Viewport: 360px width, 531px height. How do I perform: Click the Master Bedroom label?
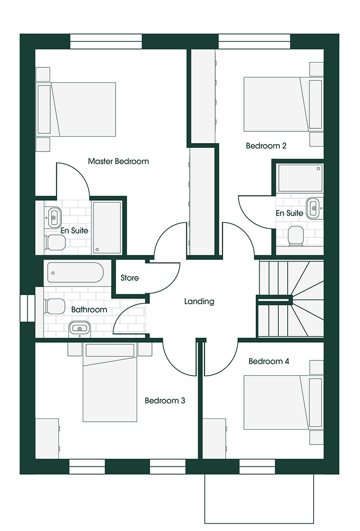pyautogui.click(x=118, y=161)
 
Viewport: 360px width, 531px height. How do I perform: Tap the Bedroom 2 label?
pyautogui.click(x=266, y=146)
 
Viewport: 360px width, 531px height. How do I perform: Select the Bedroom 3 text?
pyautogui.click(x=165, y=401)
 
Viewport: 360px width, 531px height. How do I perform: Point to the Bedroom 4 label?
pyautogui.click(x=269, y=361)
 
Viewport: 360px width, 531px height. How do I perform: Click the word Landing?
pyautogui.click(x=199, y=301)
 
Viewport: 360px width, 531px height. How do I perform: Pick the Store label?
pyautogui.click(x=130, y=278)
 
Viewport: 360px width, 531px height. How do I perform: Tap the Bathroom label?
pyautogui.click(x=89, y=310)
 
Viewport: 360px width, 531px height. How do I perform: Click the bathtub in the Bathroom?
pyautogui.click(x=75, y=272)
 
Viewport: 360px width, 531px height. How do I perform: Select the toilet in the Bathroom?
pyautogui.click(x=54, y=306)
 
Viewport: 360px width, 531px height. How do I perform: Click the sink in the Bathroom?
pyautogui.click(x=80, y=328)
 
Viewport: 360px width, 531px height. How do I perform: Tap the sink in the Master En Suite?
pyautogui.click(x=54, y=217)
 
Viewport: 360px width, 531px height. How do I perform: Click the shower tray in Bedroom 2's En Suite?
pyautogui.click(x=300, y=178)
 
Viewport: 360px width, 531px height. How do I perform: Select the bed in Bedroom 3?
pyautogui.click(x=110, y=383)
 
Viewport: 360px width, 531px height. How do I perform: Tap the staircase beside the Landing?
pyautogui.click(x=291, y=299)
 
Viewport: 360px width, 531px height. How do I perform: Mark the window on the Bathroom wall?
pyautogui.click(x=28, y=308)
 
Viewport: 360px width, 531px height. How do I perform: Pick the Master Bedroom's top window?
pyautogui.click(x=106, y=42)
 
